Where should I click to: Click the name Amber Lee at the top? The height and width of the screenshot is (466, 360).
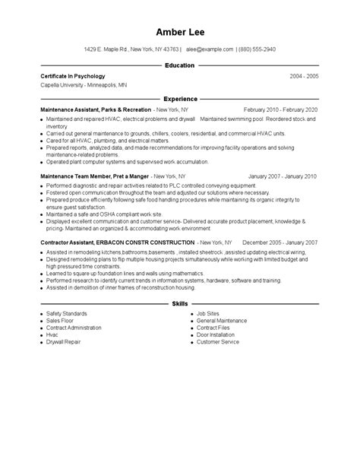[x=179, y=32]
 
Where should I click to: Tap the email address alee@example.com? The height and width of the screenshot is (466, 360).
[x=209, y=49]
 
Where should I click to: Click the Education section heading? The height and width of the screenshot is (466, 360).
[x=179, y=66]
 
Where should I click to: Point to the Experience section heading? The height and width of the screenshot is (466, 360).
[x=179, y=99]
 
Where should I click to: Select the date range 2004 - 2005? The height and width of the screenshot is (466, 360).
[x=304, y=77]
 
